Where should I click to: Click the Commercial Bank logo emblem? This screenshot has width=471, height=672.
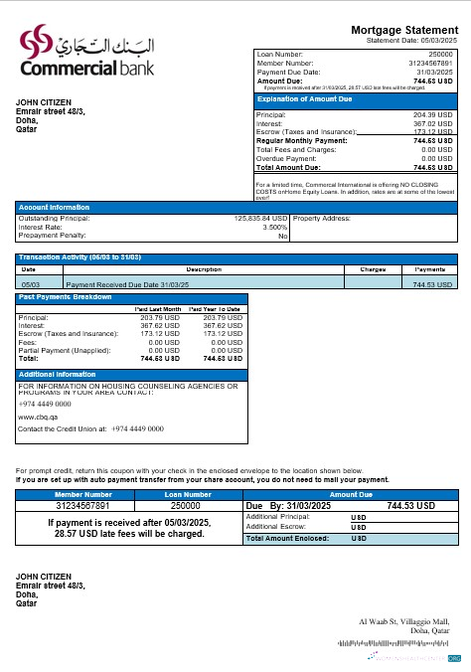click(x=39, y=45)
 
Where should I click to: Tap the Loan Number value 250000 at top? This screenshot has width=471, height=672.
click(x=440, y=52)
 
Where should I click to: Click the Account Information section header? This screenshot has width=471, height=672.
click(x=56, y=206)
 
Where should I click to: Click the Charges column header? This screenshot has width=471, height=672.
click(x=372, y=269)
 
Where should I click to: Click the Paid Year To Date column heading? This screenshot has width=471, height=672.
click(x=216, y=309)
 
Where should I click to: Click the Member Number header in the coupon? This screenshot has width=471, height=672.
click(x=83, y=494)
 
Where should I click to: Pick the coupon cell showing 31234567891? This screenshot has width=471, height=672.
click(x=83, y=505)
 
